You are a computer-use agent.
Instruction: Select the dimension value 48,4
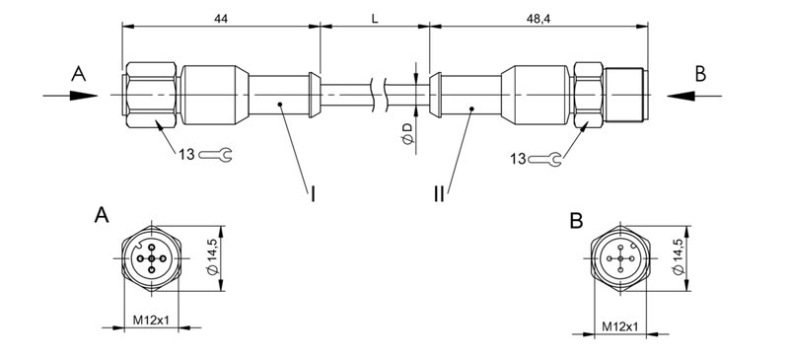(x=539, y=19)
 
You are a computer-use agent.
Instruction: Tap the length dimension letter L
(x=375, y=19)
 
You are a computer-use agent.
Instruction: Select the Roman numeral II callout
(x=440, y=195)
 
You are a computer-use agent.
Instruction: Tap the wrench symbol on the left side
(x=215, y=156)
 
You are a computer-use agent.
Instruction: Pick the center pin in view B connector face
(x=620, y=261)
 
